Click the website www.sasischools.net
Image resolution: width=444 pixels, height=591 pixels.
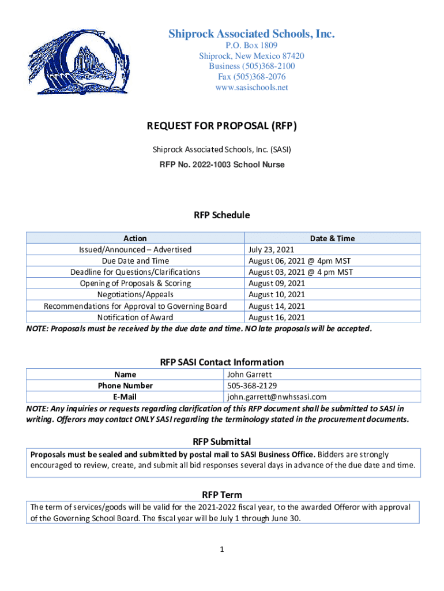pyautogui.click(x=251, y=88)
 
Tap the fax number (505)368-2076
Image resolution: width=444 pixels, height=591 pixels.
pyautogui.click(x=251, y=77)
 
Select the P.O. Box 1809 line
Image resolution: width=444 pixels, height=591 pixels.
pyautogui.click(x=251, y=45)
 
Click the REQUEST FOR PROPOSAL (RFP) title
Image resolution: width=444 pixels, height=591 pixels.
pyautogui.click(x=222, y=126)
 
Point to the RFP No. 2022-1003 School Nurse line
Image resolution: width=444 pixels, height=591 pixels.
pyautogui.click(x=222, y=164)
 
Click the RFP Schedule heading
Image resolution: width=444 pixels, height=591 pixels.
pyautogui.click(x=222, y=215)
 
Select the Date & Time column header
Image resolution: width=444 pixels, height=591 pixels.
pyautogui.click(x=332, y=238)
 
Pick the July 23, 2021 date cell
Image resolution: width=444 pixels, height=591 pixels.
pyautogui.click(x=272, y=249)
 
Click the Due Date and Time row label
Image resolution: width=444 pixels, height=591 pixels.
pyautogui.click(x=136, y=261)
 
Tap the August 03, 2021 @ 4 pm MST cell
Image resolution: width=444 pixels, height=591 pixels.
pyautogui.click(x=300, y=272)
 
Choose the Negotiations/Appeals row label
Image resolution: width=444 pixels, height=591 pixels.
pyautogui.click(x=136, y=294)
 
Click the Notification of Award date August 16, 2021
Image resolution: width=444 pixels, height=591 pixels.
pyautogui.click(x=276, y=317)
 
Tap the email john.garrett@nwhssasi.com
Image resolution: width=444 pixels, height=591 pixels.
pyautogui.click(x=277, y=397)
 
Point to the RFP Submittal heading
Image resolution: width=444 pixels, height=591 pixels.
pyautogui.click(x=222, y=442)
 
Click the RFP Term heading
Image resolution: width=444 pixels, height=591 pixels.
pyautogui.click(x=222, y=495)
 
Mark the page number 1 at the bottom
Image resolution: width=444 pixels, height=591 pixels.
pyautogui.click(x=221, y=549)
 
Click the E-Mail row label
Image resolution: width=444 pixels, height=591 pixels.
pyautogui.click(x=125, y=397)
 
